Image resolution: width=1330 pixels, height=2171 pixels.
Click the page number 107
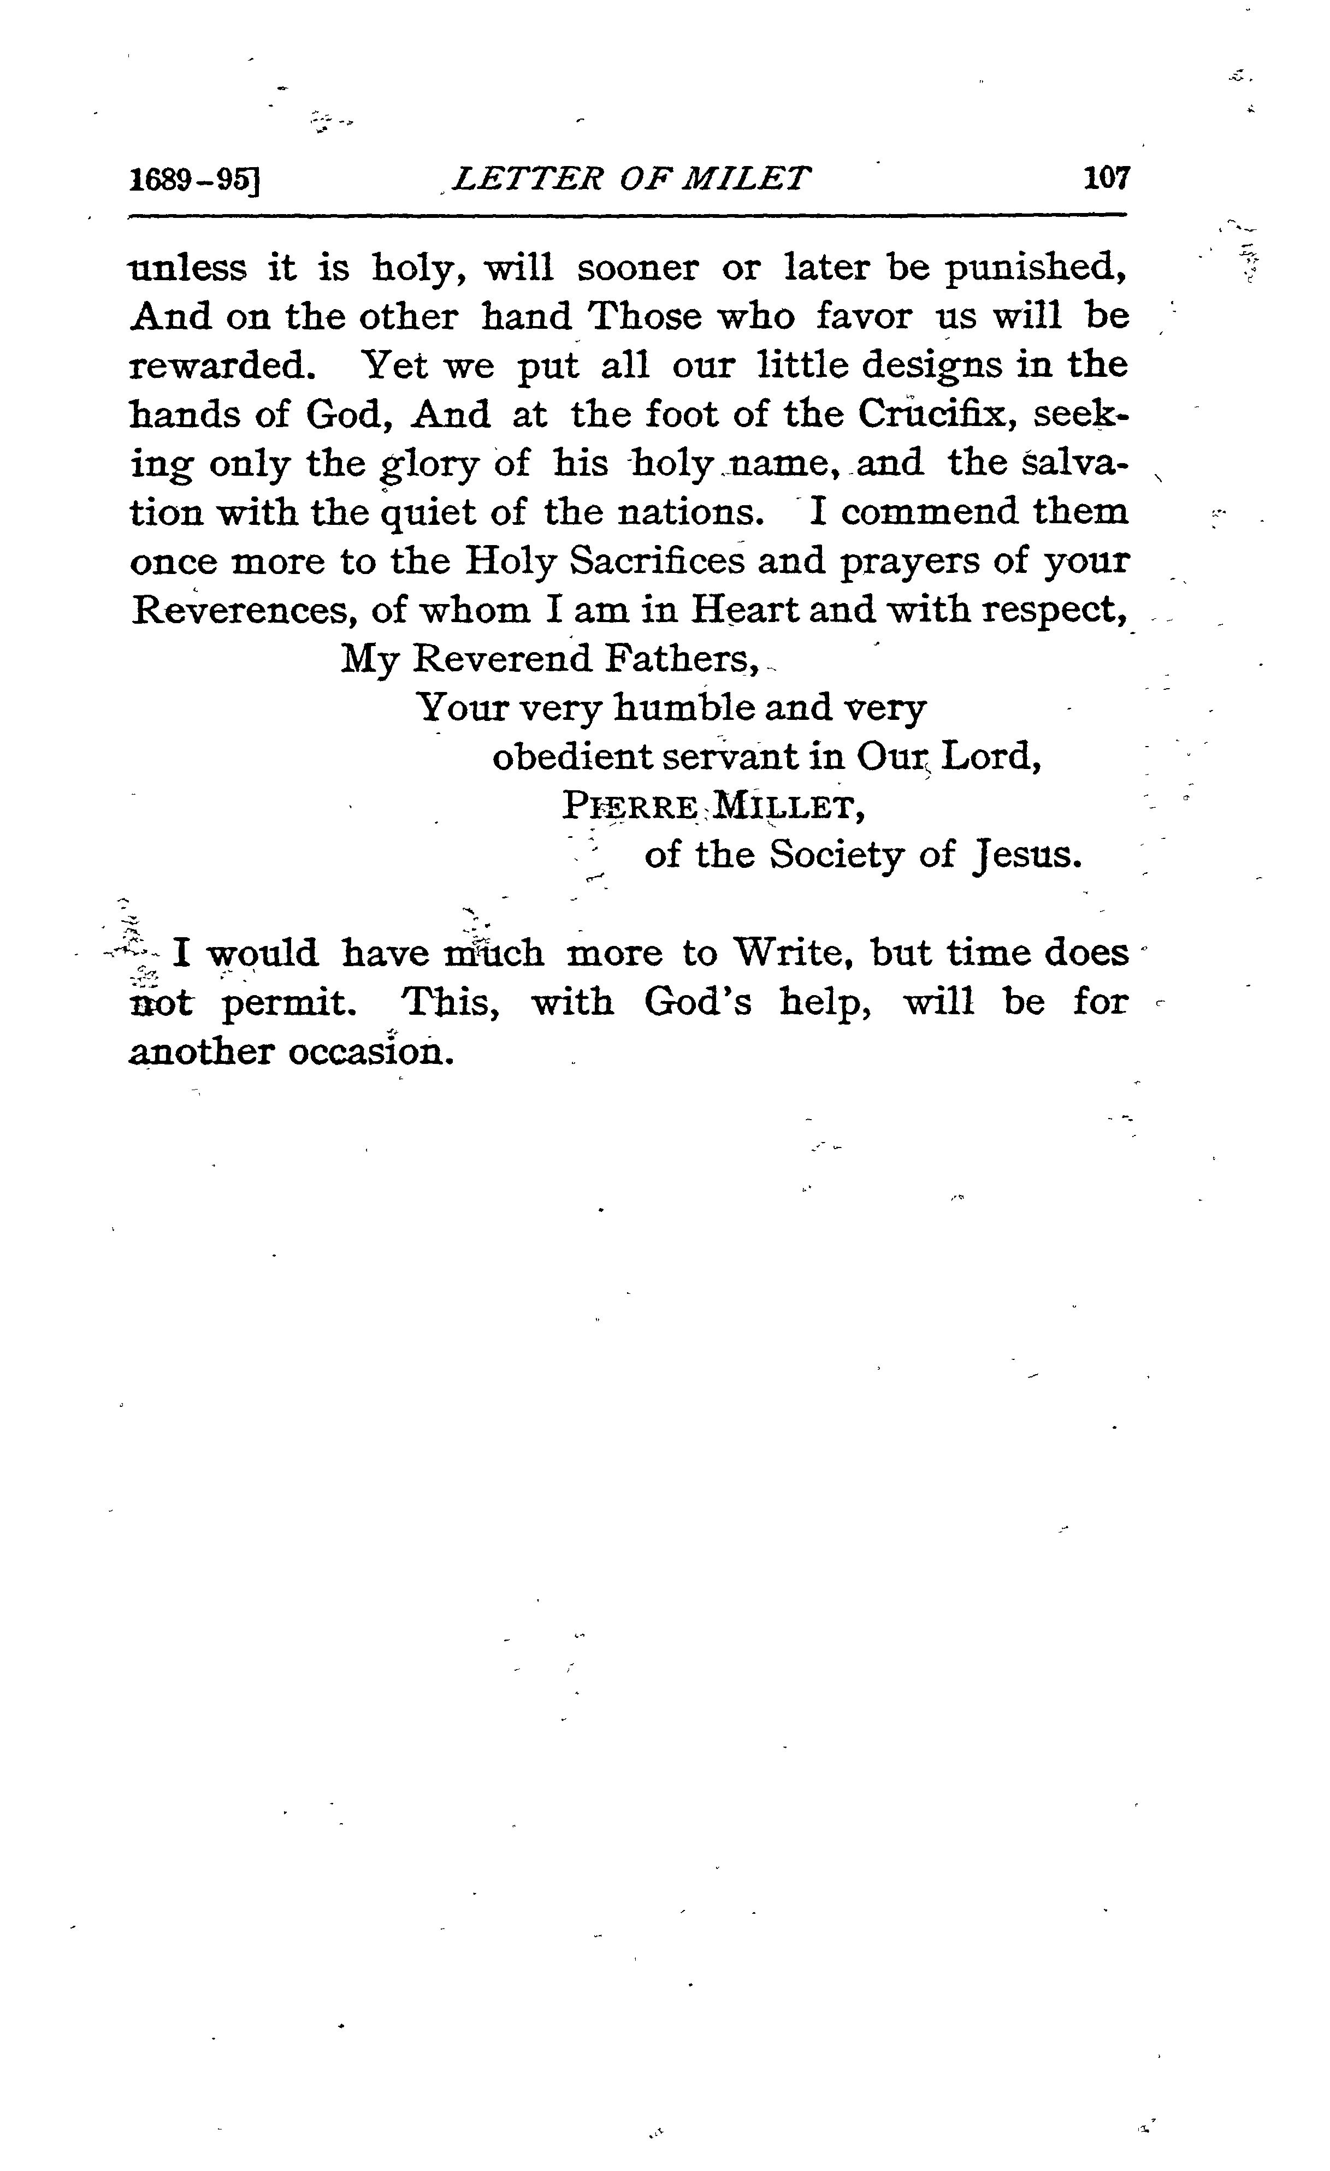click(1106, 179)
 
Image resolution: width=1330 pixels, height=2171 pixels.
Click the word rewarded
click(223, 365)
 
